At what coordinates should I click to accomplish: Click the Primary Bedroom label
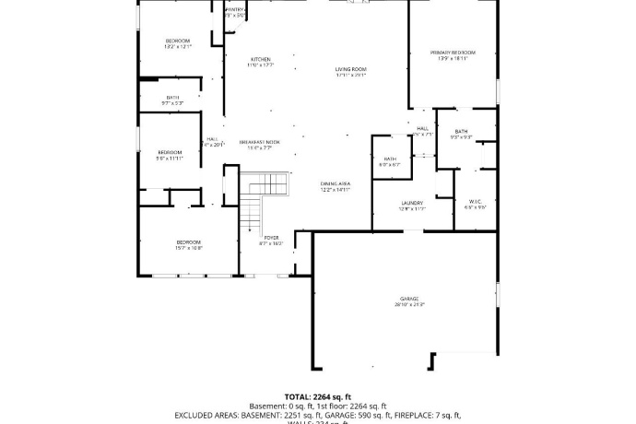(453, 53)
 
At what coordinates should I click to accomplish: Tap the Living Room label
(350, 69)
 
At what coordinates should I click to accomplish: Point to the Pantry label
(235, 9)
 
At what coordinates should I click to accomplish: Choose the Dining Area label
(336, 184)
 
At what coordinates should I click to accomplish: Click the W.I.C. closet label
(476, 201)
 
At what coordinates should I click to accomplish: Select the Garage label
(409, 299)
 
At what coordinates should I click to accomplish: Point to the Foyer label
(272, 238)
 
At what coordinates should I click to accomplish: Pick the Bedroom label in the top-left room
(178, 41)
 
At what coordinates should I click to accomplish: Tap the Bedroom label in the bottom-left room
(188, 242)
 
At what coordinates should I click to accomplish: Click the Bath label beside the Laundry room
(390, 159)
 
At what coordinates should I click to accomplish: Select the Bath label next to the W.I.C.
(461, 132)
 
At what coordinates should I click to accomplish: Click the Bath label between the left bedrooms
(173, 98)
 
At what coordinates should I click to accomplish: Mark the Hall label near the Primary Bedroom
(422, 129)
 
